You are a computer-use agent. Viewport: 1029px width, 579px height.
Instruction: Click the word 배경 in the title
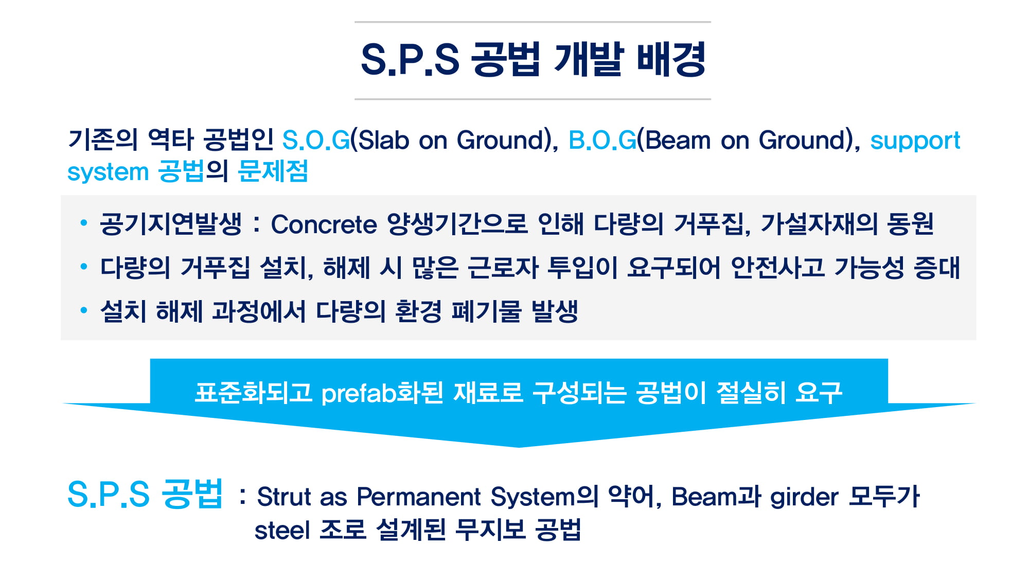[x=671, y=60]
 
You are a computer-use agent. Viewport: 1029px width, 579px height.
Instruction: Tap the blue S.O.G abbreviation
[x=316, y=140]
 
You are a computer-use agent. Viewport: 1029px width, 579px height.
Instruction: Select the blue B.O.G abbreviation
[x=602, y=140]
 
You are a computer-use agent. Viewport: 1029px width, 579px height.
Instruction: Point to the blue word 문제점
[x=273, y=171]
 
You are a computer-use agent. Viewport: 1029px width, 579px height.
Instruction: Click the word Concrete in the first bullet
[x=324, y=225]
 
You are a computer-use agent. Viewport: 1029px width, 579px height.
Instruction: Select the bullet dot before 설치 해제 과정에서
[x=84, y=310]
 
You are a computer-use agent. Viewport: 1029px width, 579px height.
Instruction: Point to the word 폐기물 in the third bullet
[x=486, y=311]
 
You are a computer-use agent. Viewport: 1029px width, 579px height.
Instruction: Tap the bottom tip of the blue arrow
[x=519, y=447]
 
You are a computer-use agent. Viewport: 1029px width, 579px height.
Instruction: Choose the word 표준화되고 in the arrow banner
[x=253, y=393]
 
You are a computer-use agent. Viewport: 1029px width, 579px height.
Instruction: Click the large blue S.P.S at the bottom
[x=109, y=494]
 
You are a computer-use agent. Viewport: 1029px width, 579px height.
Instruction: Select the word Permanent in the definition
[x=419, y=497]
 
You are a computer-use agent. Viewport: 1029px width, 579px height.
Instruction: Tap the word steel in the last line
[x=282, y=530]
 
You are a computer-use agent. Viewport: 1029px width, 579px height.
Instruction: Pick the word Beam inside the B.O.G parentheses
[x=678, y=140]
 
